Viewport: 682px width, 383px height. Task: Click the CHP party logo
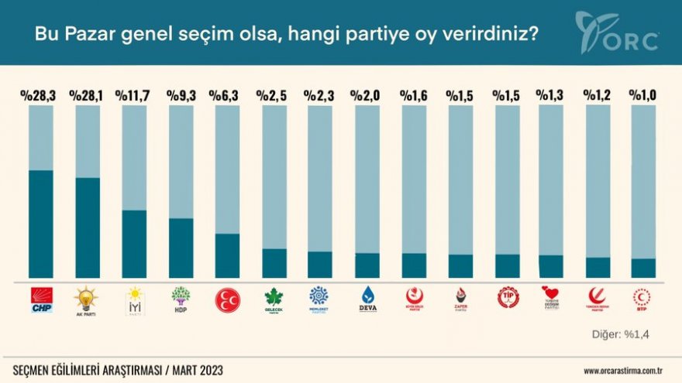pos(41,300)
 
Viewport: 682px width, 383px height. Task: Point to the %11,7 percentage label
pos(133,96)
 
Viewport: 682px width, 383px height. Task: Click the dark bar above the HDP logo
pos(181,248)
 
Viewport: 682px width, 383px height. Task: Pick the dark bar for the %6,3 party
pos(227,255)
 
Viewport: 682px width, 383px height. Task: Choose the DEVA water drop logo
pos(367,298)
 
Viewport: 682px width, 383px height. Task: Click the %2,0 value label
pos(367,96)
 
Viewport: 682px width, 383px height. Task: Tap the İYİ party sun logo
pos(134,300)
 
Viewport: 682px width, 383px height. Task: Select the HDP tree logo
pos(181,299)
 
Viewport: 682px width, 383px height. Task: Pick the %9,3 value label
pos(181,96)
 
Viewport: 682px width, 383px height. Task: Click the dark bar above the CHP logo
pos(41,224)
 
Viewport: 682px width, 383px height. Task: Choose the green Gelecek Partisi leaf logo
pos(274,298)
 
